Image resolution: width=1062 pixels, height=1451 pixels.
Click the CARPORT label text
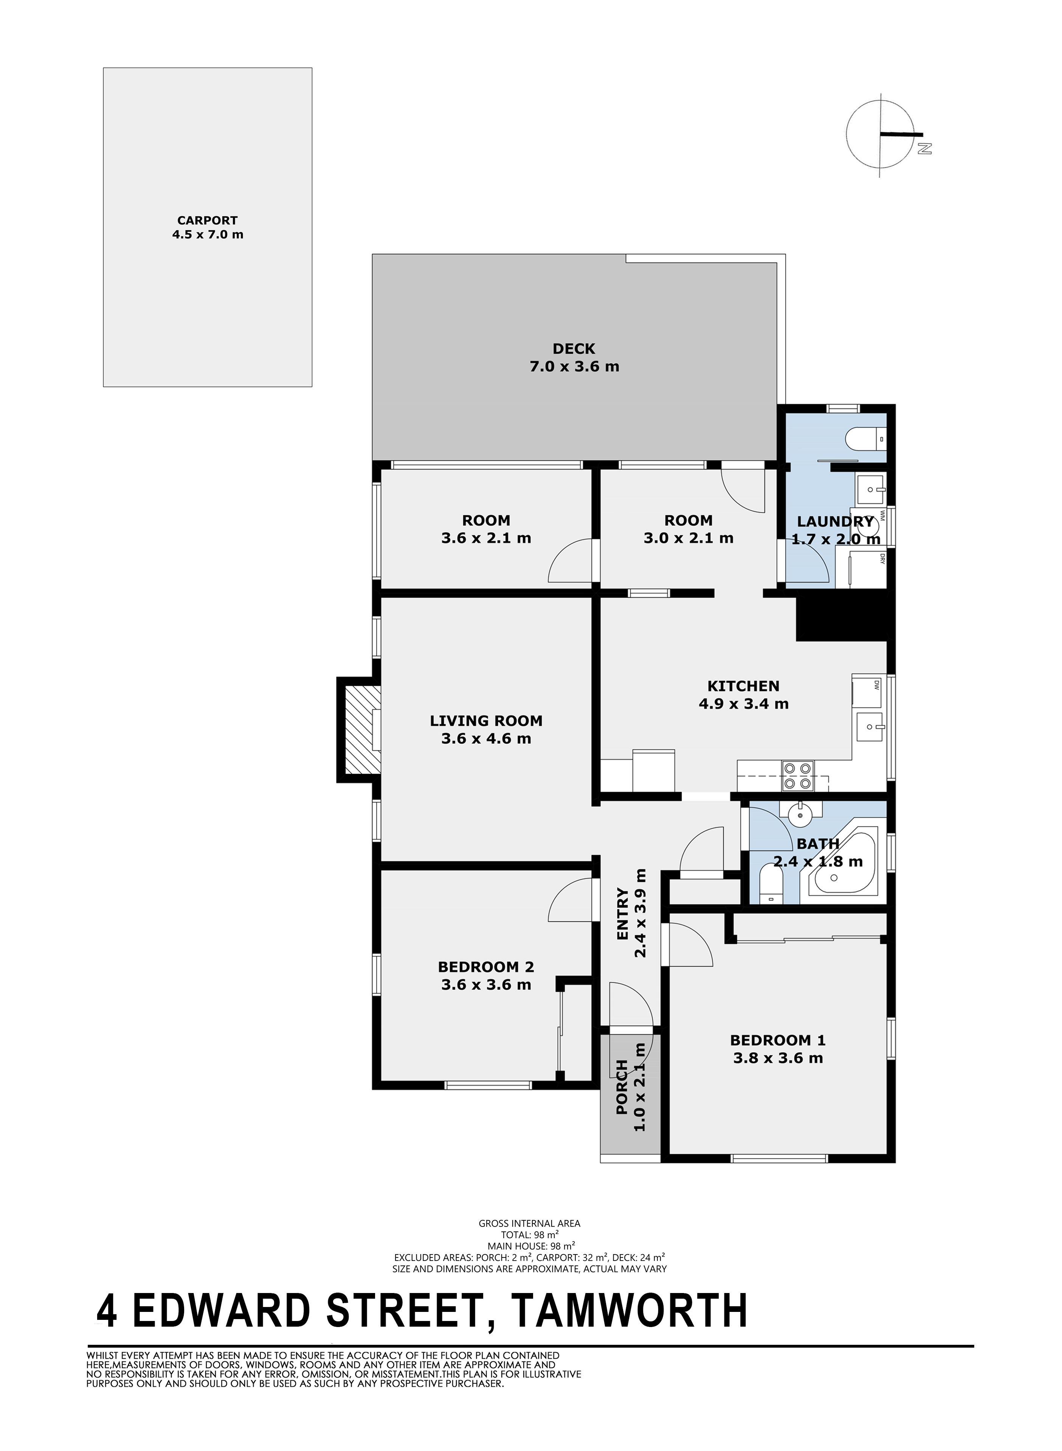click(x=208, y=220)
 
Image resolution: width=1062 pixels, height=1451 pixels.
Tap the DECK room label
click(x=574, y=349)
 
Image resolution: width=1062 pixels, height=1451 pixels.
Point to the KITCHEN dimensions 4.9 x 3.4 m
click(x=744, y=704)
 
